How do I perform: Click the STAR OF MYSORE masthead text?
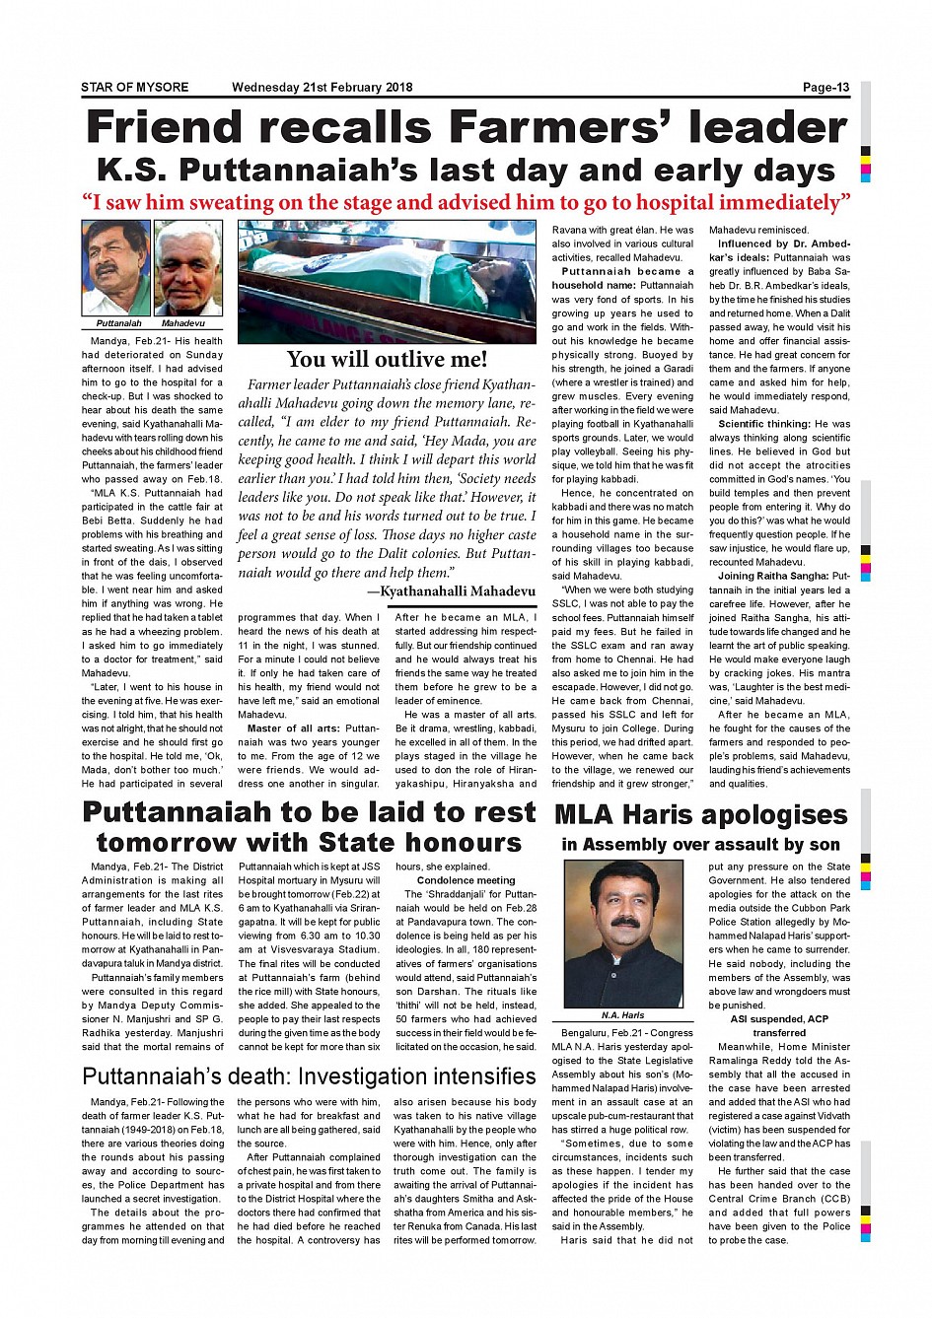[x=134, y=88]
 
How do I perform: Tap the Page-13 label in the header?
[x=825, y=88]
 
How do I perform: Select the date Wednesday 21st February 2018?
[x=322, y=88]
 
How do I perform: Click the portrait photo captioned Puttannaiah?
[x=116, y=267]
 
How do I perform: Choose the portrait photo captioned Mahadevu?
[x=188, y=267]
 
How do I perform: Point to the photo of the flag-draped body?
[x=387, y=281]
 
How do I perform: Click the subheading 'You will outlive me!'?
[x=387, y=359]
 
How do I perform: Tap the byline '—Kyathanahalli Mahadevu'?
[x=451, y=591]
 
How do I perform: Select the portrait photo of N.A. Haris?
[x=622, y=934]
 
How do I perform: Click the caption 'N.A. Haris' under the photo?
[x=622, y=1014]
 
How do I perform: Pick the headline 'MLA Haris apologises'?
[x=700, y=815]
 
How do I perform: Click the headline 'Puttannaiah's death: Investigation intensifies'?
[x=309, y=1076]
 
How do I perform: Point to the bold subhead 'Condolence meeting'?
[x=466, y=880]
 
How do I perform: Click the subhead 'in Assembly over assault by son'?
[x=700, y=845]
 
